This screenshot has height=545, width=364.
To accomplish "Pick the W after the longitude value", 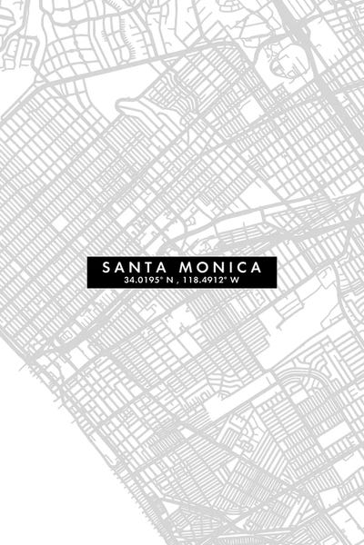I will coord(235,282).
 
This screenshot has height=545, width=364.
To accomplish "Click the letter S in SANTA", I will coord(107,269).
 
